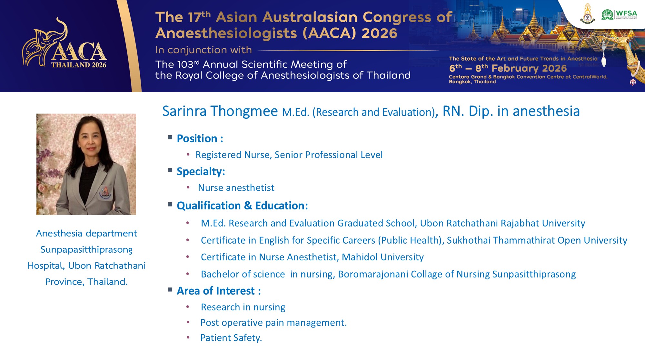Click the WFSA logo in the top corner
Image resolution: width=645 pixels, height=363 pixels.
pyautogui.click(x=619, y=15)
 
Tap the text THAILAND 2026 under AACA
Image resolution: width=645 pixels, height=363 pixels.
pyautogui.click(x=79, y=65)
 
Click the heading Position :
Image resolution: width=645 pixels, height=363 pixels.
pyautogui.click(x=200, y=138)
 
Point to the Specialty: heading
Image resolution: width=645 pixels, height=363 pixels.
pyautogui.click(x=201, y=172)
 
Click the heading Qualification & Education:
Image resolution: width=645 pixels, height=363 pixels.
pyautogui.click(x=242, y=206)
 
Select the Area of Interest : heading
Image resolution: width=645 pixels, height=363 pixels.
pyautogui.click(x=219, y=291)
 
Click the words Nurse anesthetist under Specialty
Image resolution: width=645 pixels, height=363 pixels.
pyautogui.click(x=236, y=188)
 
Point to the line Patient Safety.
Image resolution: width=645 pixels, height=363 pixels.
pyautogui.click(x=231, y=338)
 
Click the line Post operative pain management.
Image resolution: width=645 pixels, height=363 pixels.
pyautogui.click(x=273, y=323)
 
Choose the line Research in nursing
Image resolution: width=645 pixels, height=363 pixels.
pyautogui.click(x=243, y=307)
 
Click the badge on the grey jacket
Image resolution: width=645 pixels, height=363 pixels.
pyautogui.click(x=105, y=193)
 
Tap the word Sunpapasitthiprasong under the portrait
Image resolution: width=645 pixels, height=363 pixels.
pyautogui.click(x=86, y=250)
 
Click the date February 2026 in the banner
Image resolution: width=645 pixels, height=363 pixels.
pyautogui.click(x=529, y=68)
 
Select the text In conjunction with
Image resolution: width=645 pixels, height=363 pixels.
pyautogui.click(x=203, y=50)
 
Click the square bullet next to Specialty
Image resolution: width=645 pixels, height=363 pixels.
pyautogui.click(x=170, y=170)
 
